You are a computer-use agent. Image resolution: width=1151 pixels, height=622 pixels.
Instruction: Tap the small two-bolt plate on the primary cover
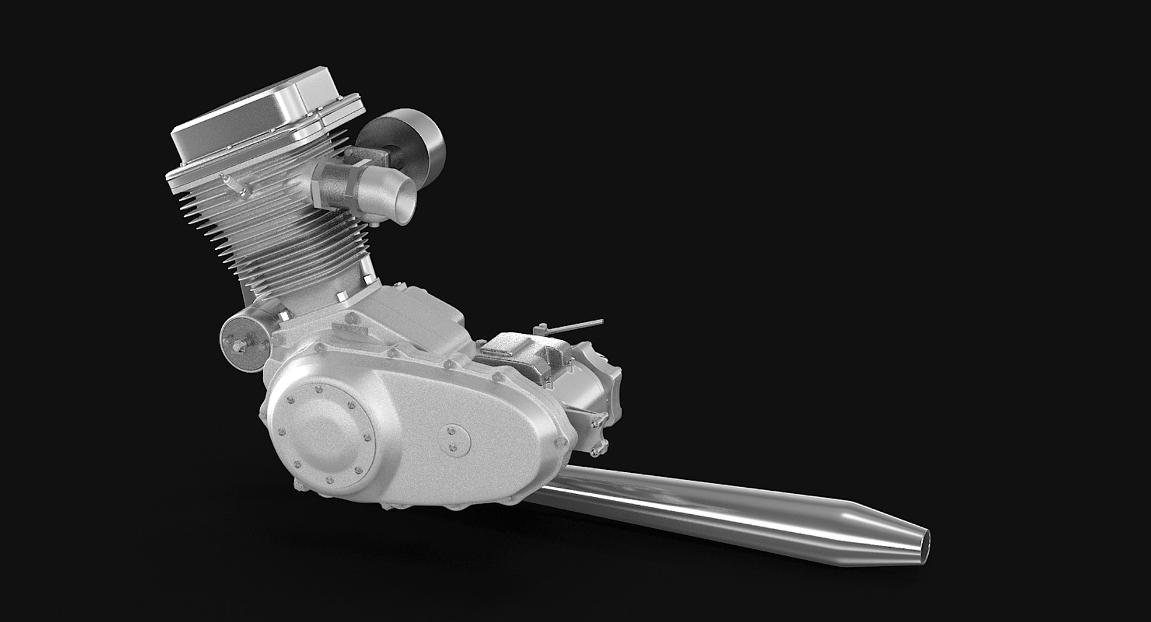[x=454, y=440]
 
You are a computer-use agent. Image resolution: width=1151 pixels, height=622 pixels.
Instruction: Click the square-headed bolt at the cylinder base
[x=341, y=296]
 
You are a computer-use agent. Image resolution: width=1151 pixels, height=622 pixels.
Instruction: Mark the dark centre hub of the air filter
[x=396, y=153]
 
